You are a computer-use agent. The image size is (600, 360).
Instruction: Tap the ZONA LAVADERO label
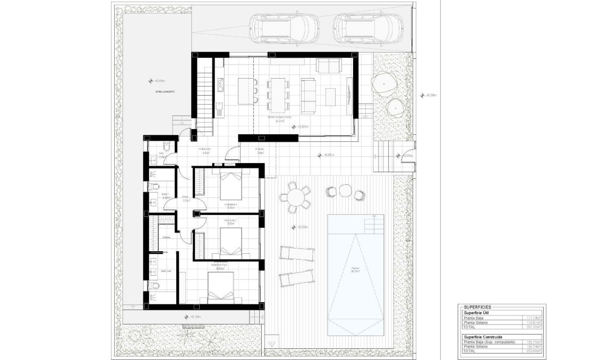[x=165, y=91]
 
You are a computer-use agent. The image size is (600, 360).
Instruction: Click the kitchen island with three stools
[x=245, y=90]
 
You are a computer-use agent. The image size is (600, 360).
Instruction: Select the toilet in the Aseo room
[x=166, y=147]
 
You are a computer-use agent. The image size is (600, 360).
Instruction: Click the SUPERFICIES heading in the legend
[x=477, y=307]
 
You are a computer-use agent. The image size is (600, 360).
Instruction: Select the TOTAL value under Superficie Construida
[x=533, y=351]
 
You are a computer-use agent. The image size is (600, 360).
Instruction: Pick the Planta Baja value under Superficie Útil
[x=533, y=318]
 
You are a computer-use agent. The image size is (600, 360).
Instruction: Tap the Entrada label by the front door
[x=259, y=149]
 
